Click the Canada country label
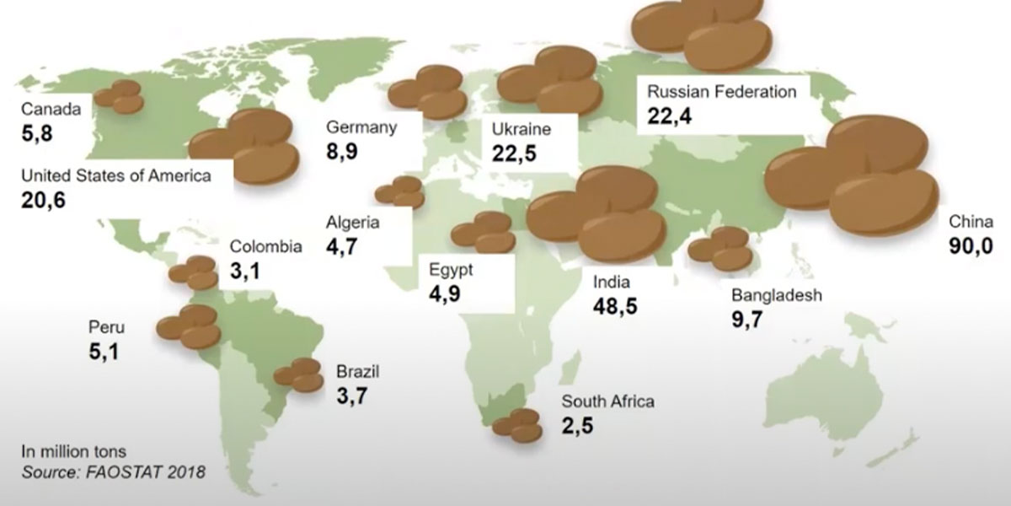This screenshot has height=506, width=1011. tap(51, 110)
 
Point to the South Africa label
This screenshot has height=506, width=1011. tap(607, 401)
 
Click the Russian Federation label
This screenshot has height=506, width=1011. tap(721, 91)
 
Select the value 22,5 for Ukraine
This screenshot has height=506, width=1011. tap(514, 155)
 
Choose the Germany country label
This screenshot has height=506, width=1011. tap(361, 128)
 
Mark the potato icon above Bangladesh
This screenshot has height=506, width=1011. tap(720, 249)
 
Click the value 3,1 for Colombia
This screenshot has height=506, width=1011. tap(245, 272)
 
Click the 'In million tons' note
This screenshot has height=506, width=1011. tap(74, 451)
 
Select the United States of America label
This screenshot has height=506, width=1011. tap(115, 175)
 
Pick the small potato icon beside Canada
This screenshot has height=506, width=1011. tap(119, 97)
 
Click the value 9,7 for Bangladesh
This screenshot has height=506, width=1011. tap(748, 320)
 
